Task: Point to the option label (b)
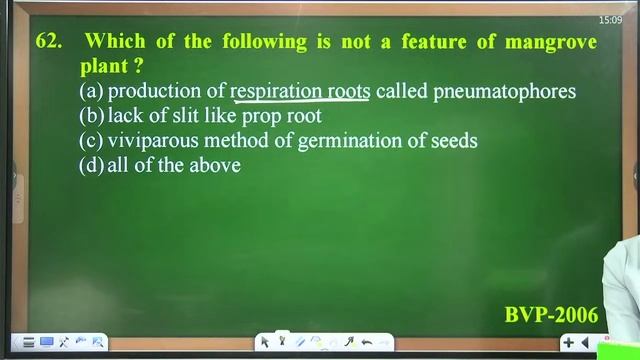(x=91, y=116)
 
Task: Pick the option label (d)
(x=91, y=166)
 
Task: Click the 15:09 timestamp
(x=610, y=20)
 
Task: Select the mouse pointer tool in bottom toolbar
(x=264, y=342)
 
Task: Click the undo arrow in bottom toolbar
(x=367, y=342)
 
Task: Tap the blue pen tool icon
(x=299, y=342)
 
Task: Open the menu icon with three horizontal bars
(x=29, y=342)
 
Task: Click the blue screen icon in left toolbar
(x=47, y=342)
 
